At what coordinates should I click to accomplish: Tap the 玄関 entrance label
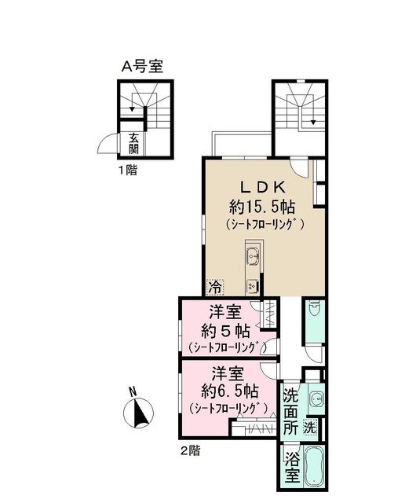135,143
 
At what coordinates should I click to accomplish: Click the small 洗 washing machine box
311,429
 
